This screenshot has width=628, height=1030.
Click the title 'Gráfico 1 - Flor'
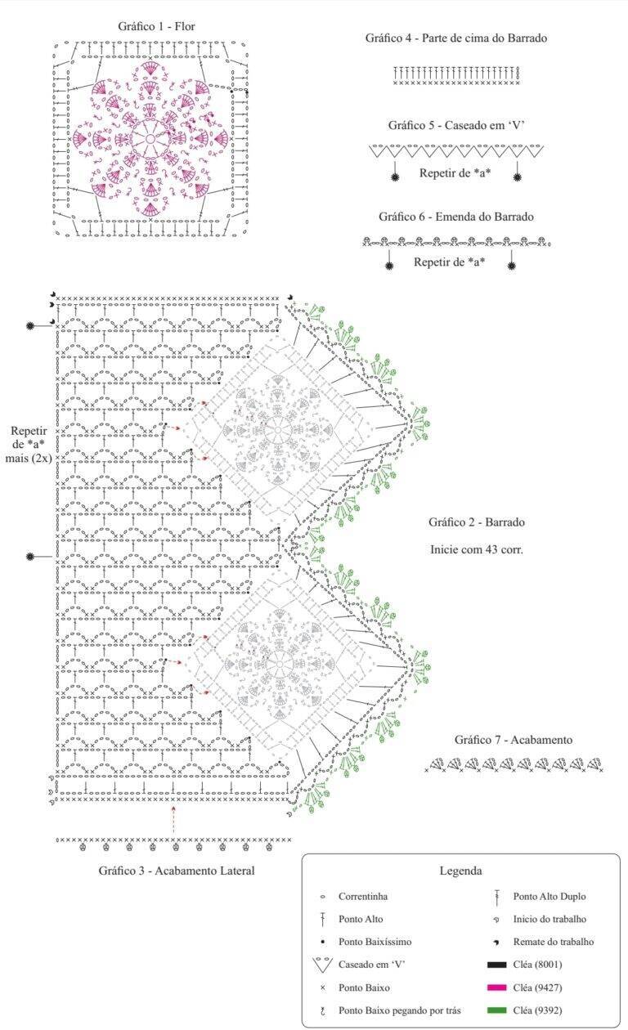pos(156,26)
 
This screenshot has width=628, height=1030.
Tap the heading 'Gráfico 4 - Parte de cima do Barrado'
pos(456,38)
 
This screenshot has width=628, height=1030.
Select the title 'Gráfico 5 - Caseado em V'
pos(456,125)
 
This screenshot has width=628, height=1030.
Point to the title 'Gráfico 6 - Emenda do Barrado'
pos(456,217)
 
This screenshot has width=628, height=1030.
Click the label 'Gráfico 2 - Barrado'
pos(477,522)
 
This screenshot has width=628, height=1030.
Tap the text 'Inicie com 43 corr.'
pos(477,549)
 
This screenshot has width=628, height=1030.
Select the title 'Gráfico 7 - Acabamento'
pos(514,740)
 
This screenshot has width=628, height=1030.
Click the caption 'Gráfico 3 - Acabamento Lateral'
pos(176,871)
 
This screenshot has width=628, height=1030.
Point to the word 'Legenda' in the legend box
pos(460,871)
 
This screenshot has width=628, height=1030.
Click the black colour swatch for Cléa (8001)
pos(496,965)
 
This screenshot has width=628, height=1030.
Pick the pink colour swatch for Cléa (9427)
pos(496,987)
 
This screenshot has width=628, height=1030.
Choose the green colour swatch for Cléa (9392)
pos(496,1010)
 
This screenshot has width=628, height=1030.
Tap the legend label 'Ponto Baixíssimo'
pos(375,942)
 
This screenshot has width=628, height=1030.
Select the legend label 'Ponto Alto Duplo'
pos(549,896)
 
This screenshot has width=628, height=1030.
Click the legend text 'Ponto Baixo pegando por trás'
pos(400,1010)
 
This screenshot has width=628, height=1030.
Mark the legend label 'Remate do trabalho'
pos(554,942)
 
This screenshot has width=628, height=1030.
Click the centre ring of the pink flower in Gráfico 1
pos(150,139)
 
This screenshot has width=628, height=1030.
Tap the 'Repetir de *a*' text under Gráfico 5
pos(455,173)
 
